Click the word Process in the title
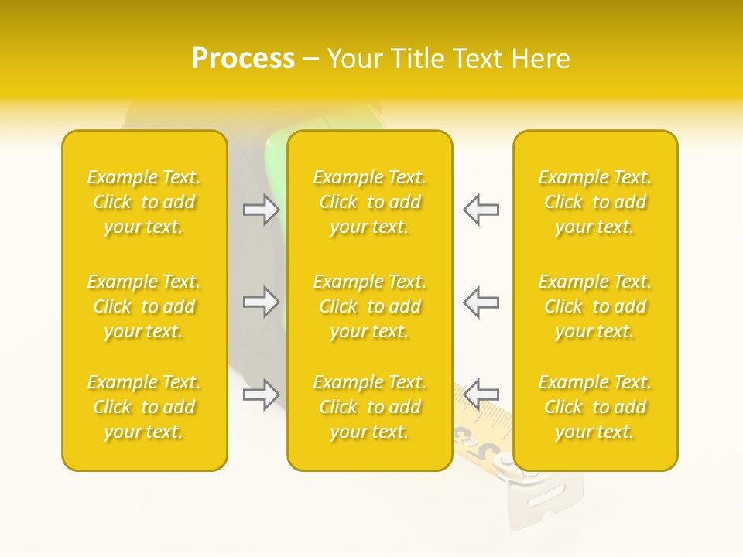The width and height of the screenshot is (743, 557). click(x=243, y=59)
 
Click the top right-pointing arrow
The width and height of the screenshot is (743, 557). click(x=262, y=210)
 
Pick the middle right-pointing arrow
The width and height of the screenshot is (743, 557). click(x=262, y=302)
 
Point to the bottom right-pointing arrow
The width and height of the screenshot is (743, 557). click(x=262, y=395)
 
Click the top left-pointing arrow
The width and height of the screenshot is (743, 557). click(x=481, y=210)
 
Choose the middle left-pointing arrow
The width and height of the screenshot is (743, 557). click(x=481, y=302)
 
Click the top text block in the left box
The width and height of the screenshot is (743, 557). click(x=144, y=202)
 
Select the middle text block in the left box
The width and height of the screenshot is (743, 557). click(x=144, y=306)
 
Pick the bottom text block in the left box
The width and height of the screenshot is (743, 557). click(x=144, y=407)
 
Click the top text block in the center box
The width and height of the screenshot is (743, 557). click(x=370, y=202)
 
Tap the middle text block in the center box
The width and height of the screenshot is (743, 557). click(x=370, y=306)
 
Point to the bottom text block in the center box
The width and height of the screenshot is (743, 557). click(x=370, y=407)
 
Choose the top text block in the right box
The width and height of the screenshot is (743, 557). click(x=595, y=202)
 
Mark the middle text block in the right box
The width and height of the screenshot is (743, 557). click(x=595, y=306)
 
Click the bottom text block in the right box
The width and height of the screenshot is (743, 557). click(x=595, y=407)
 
